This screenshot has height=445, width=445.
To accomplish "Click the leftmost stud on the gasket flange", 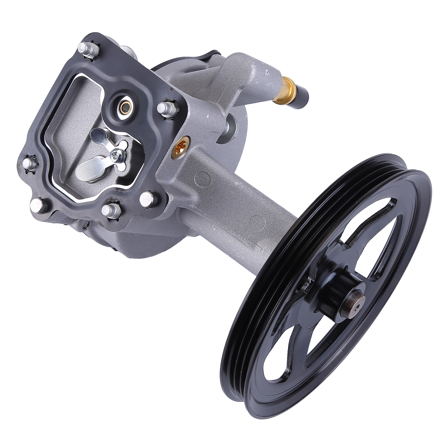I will [30, 163].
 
